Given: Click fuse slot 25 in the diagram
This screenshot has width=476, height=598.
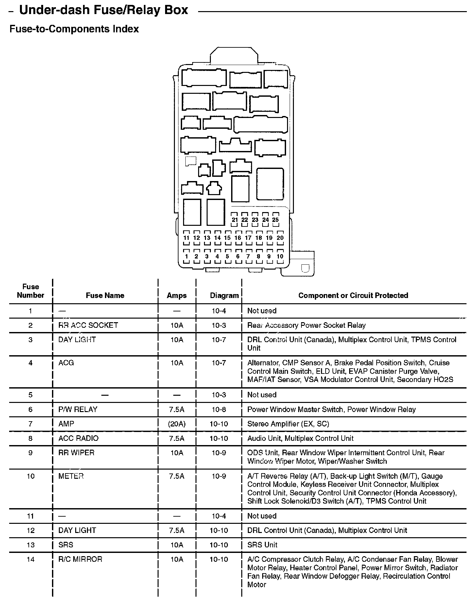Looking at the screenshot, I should [x=276, y=220].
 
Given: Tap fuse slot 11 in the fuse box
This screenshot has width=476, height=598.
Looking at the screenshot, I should [x=186, y=238].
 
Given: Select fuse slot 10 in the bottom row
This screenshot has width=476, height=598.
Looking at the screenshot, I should [x=280, y=257].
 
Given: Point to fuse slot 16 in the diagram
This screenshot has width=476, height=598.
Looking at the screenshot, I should [x=238, y=238].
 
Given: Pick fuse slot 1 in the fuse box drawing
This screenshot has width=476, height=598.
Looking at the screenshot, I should [x=186, y=257].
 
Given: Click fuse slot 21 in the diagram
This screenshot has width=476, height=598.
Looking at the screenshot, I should [x=235, y=220].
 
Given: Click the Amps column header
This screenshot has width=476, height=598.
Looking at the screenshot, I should [x=177, y=295].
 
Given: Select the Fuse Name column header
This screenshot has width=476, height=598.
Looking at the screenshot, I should [x=105, y=295].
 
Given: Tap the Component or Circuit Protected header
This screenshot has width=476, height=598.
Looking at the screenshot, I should [x=353, y=295].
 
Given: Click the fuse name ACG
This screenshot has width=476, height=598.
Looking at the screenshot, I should [x=66, y=363].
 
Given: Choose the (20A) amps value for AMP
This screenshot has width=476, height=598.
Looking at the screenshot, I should [x=177, y=424].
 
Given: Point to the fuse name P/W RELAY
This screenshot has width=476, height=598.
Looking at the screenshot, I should [x=78, y=409].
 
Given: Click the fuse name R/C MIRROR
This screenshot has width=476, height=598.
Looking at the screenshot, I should [x=80, y=559].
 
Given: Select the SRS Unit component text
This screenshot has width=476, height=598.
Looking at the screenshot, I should [x=262, y=545].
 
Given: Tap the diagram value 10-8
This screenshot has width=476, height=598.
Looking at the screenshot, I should [x=219, y=409].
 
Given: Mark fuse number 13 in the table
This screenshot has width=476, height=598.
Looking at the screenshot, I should [x=30, y=545].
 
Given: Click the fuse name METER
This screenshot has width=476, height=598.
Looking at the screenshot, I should [x=71, y=476].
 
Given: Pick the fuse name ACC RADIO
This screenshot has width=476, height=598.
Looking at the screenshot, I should [x=78, y=438].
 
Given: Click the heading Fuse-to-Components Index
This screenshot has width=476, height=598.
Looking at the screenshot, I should [x=74, y=29].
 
